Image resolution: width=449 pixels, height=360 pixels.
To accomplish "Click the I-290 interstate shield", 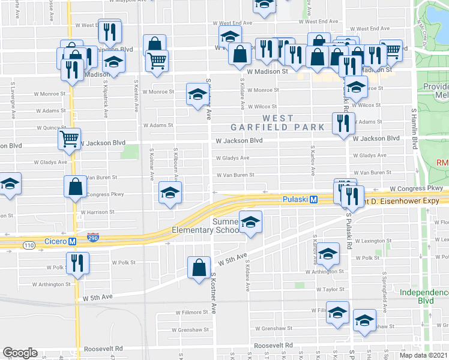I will [93, 238].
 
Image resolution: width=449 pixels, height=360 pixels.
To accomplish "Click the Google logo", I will [20, 353].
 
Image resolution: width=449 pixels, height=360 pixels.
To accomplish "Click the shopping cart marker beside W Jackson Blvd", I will [69, 139].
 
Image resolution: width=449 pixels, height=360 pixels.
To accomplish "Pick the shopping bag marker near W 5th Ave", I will [198, 268].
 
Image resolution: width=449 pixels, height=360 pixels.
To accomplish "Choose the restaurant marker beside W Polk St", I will [77, 262].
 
